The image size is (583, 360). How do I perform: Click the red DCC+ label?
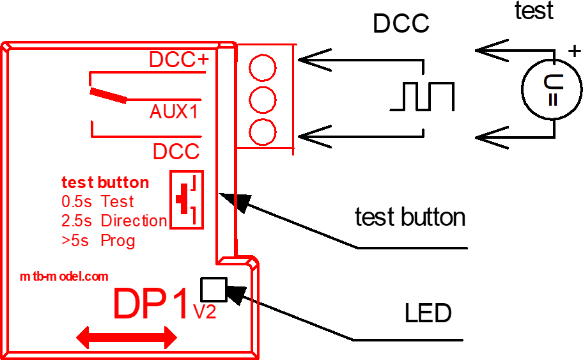point(178,60)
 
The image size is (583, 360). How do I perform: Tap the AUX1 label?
point(174,112)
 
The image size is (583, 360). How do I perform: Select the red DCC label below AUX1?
point(176,152)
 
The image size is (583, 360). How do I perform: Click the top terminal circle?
point(262,67)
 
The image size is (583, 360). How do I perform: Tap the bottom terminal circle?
point(262,132)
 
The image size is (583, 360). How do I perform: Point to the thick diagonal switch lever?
point(109,96)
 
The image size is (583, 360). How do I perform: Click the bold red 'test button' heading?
point(105,183)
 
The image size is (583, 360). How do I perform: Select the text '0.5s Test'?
point(98,201)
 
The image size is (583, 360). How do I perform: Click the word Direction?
point(134,221)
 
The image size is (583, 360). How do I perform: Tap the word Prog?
point(118,241)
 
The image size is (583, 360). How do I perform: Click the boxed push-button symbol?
point(187,200)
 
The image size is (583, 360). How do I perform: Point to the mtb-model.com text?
point(64,277)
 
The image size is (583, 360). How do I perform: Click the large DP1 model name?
point(152,304)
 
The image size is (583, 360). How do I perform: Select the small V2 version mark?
point(205,311)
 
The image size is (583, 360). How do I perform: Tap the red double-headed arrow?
point(126,337)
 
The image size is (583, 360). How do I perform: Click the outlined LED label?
point(429,313)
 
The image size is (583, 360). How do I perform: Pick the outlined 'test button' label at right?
point(410,217)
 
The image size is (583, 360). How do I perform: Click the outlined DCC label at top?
point(401,24)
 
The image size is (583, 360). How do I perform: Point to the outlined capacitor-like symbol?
point(554,90)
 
